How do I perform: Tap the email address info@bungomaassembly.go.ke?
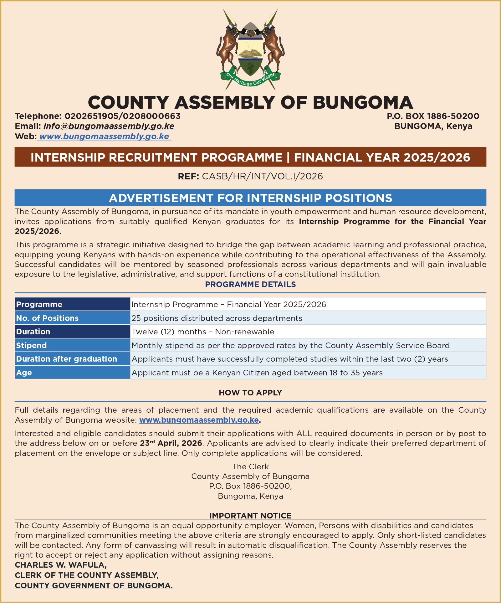[x=109, y=126]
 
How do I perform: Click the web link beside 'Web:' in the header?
[x=104, y=137]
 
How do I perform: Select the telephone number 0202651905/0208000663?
[x=122, y=116]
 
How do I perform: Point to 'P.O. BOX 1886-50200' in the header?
[x=433, y=116]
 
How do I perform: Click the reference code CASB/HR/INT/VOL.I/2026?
[x=262, y=176]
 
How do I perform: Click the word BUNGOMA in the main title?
[x=363, y=102]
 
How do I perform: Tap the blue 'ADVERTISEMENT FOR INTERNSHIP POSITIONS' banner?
[x=250, y=198]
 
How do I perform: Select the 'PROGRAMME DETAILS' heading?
[x=250, y=284]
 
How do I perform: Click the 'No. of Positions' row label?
[x=47, y=318]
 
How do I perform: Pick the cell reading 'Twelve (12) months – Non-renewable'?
[x=203, y=332]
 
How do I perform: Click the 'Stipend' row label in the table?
[x=31, y=345]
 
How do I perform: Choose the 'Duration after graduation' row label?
[x=66, y=359]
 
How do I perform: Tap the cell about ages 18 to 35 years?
[x=257, y=373]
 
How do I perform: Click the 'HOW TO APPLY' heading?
[x=250, y=393]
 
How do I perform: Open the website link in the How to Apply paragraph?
[x=199, y=420]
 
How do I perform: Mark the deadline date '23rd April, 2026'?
[x=171, y=443]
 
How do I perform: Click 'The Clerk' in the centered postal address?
[x=250, y=466]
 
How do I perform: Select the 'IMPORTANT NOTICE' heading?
[x=250, y=515]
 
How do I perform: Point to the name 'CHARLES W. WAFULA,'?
[x=61, y=565]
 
